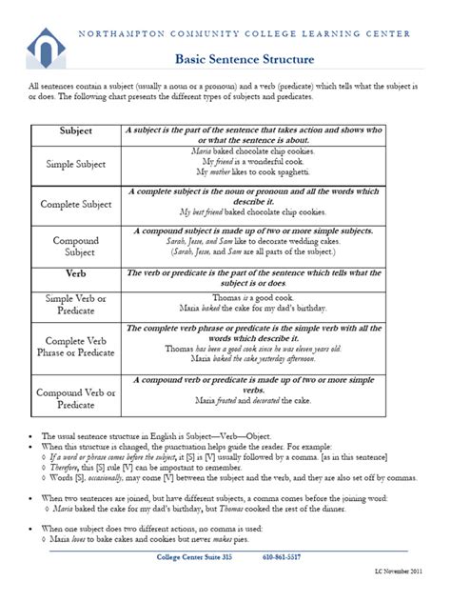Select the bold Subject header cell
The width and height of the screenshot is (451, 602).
point(75,130)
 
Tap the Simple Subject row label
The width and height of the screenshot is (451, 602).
point(75,164)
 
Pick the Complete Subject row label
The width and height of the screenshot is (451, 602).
point(75,204)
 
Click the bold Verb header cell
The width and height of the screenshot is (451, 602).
point(75,273)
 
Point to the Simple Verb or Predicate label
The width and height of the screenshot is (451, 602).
point(75,305)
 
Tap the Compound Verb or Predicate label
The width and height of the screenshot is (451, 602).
point(75,398)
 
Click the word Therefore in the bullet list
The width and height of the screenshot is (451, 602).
point(64,467)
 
